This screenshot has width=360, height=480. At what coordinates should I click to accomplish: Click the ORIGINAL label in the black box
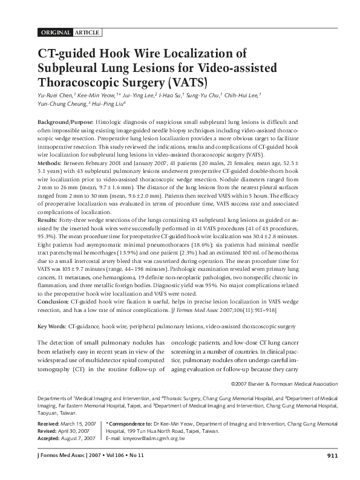point(55,32)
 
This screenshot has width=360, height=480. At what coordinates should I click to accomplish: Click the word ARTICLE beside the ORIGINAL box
point(87,32)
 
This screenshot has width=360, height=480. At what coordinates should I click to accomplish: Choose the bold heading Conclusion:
point(53,300)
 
